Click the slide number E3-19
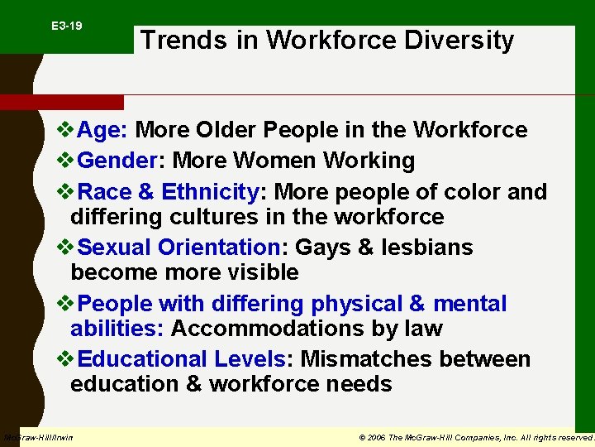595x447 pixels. [66, 26]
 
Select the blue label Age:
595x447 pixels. [102, 130]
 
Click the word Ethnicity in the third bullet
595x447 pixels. [210, 192]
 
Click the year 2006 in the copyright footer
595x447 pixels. [376, 436]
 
